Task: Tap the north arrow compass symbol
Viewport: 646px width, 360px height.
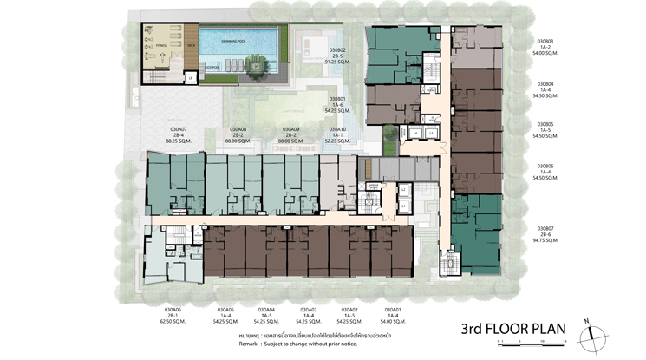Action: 589,329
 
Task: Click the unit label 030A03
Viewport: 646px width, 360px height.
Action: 309,309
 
